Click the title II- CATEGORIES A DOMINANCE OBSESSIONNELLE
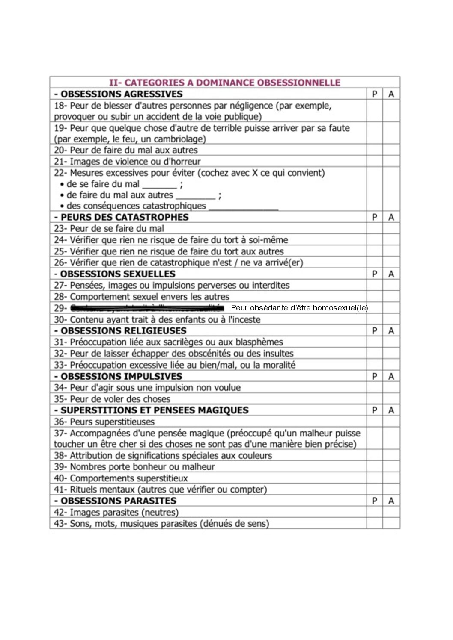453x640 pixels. click(225, 83)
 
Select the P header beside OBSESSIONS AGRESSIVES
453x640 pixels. click(375, 94)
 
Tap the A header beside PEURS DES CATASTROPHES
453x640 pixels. click(391, 217)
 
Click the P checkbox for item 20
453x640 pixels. click(375, 150)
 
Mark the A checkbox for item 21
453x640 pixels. click(391, 162)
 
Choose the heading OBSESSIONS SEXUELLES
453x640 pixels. click(118, 274)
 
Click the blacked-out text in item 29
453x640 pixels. click(147, 308)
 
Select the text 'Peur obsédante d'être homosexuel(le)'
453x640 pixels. click(299, 308)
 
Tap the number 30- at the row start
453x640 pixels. click(60, 320)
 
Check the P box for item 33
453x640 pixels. click(375, 365)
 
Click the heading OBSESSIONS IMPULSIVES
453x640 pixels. click(121, 377)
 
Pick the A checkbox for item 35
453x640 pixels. click(391, 399)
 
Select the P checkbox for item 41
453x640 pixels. click(375, 490)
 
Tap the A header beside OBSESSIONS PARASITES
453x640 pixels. click(391, 501)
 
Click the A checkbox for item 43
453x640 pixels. click(391, 524)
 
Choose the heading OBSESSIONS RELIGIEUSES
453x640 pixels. click(123, 331)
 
